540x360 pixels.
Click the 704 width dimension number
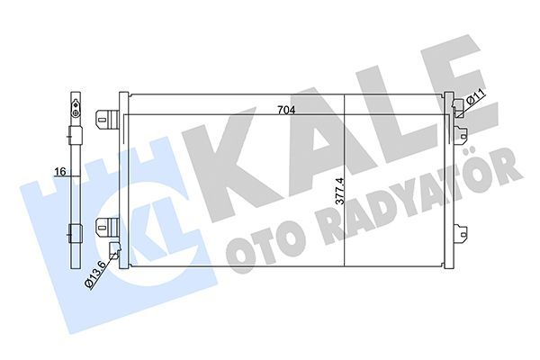click(x=284, y=110)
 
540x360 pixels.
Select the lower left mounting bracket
click(x=107, y=227)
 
